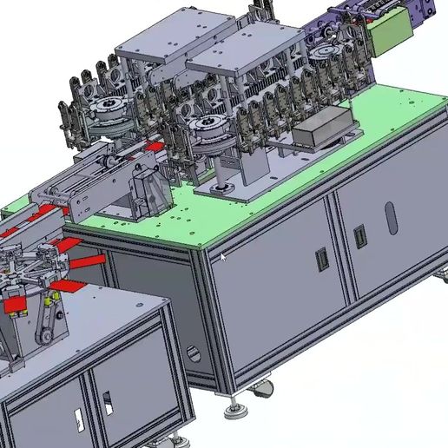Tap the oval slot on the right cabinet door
(392, 218)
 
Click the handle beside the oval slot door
(359, 235)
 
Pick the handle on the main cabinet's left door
(320, 258)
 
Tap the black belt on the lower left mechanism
(41, 326)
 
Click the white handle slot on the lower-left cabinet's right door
(108, 403)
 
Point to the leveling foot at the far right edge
(443, 277)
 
